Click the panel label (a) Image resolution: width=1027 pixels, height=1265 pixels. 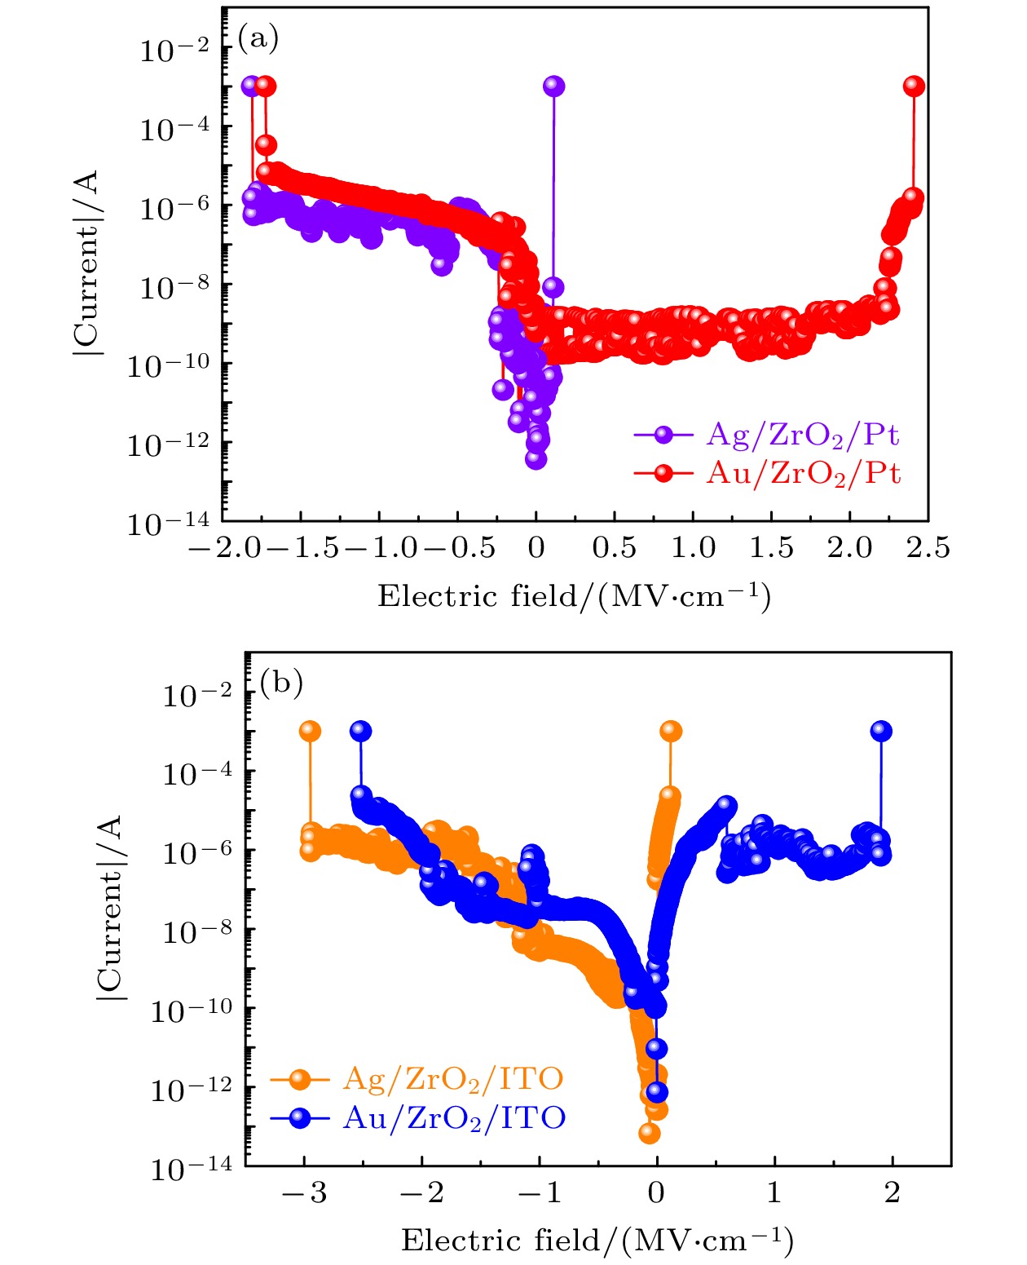(x=258, y=38)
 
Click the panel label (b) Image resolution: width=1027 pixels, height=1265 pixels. (x=281, y=682)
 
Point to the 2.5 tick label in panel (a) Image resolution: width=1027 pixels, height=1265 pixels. (x=928, y=548)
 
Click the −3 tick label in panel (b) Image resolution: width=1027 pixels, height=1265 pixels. (x=304, y=1193)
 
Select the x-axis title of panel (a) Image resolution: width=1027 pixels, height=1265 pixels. (x=574, y=596)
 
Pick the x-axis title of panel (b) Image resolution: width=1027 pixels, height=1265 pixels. (x=597, y=1241)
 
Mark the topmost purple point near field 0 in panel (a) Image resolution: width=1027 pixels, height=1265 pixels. (x=553, y=86)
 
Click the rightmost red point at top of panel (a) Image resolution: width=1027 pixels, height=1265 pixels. (x=914, y=86)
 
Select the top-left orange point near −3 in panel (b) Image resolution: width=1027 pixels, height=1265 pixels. (x=310, y=731)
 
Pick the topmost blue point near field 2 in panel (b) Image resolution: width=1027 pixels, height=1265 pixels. (x=880, y=731)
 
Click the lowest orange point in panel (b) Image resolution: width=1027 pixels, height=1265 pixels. (x=649, y=1132)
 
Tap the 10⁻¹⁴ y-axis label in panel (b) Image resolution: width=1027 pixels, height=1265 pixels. (x=192, y=1169)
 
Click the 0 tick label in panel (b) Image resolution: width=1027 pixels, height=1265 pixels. (x=656, y=1193)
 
